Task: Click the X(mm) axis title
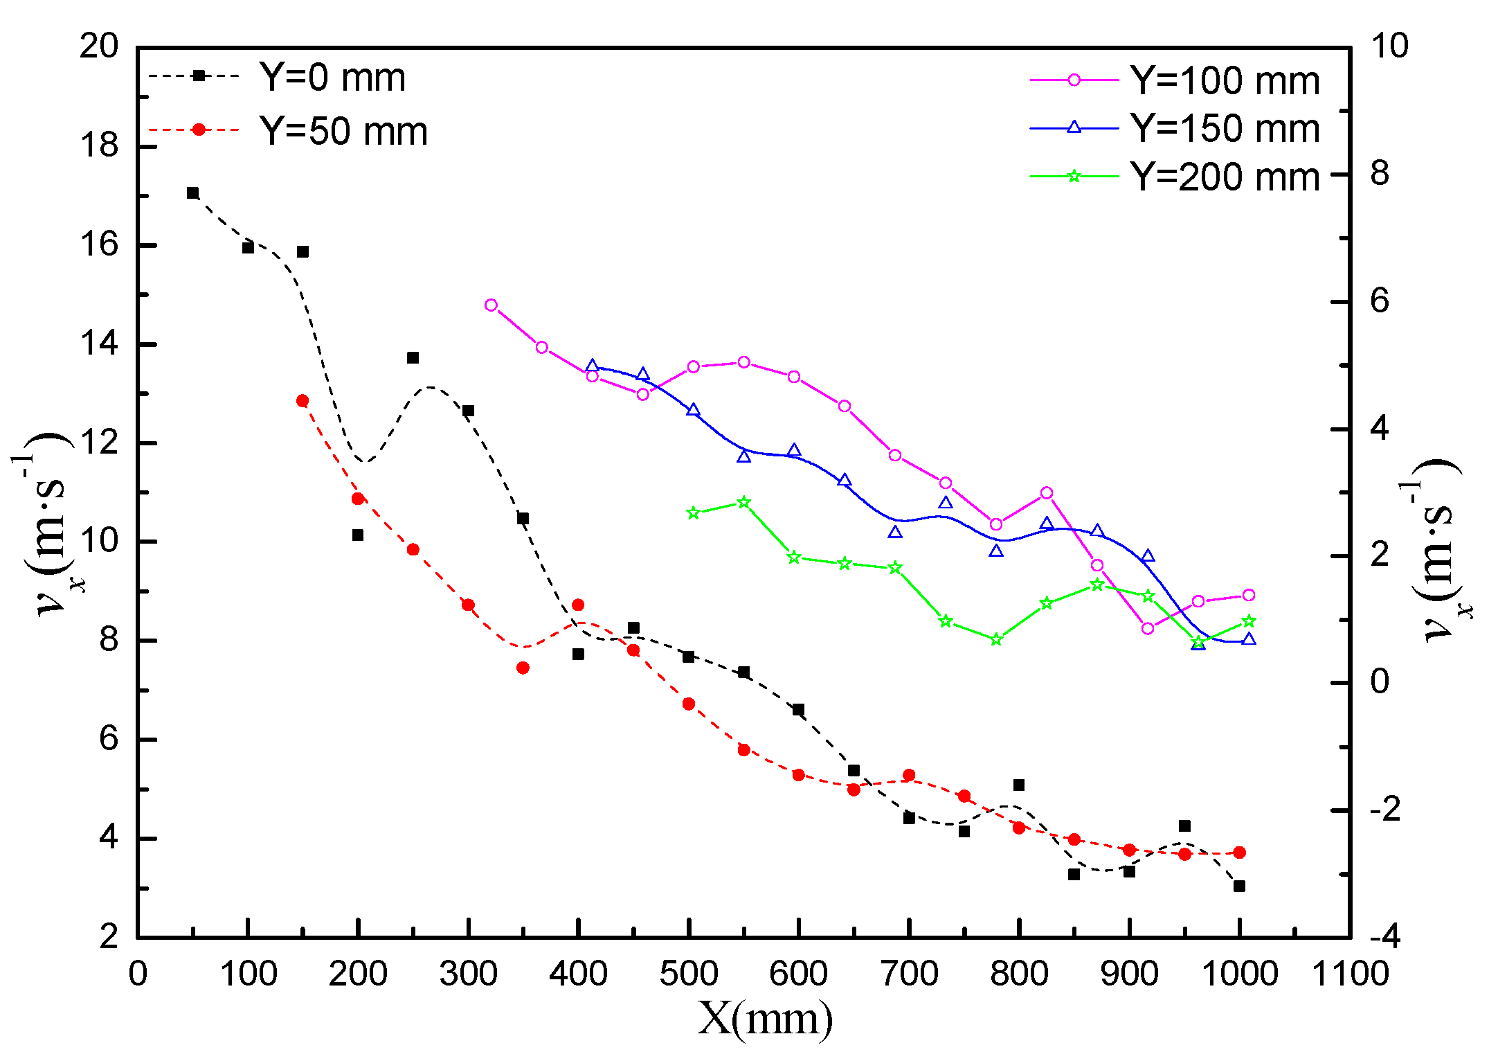pyautogui.click(x=765, y=1019)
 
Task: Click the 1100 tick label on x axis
pyautogui.click(x=1351, y=974)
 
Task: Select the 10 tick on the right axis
pyautogui.click(x=1389, y=46)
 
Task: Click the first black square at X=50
pyautogui.click(x=192, y=193)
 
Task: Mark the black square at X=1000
pyautogui.click(x=1239, y=886)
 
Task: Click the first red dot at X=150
pyautogui.click(x=303, y=401)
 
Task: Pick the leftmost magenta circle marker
pyautogui.click(x=491, y=305)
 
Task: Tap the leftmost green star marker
pyautogui.click(x=694, y=513)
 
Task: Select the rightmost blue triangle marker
pyautogui.click(x=1249, y=639)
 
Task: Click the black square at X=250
pyautogui.click(x=413, y=357)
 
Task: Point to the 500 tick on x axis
pyautogui.click(x=688, y=974)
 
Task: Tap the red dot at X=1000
pyautogui.click(x=1239, y=853)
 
